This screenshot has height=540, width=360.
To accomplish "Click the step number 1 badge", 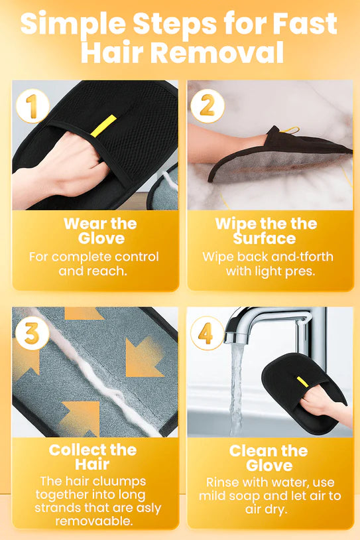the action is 32,105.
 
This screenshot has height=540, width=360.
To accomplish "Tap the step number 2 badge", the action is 208,105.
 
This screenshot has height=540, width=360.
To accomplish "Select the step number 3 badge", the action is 32,334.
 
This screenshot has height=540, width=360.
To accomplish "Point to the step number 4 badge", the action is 207,334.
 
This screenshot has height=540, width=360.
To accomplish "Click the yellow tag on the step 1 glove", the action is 103,126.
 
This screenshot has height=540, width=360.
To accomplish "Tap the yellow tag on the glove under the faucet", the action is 302,381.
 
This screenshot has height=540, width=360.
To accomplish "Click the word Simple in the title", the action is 74,24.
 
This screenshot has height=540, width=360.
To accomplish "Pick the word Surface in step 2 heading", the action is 265,238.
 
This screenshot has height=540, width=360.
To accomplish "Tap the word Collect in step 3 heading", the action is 74,450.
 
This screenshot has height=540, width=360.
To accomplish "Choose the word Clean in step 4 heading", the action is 251,451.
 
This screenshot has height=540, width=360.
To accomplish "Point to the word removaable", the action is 94,521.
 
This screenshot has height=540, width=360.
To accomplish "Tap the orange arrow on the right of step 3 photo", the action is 144,358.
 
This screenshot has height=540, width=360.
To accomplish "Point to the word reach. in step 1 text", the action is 110,271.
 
